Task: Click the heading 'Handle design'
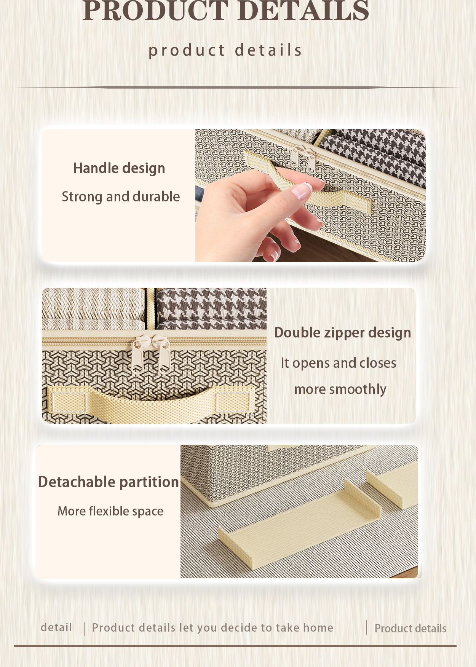tap(119, 168)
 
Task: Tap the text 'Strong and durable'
tap(121, 197)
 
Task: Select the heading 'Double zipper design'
tap(342, 333)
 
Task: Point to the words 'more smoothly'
tap(340, 389)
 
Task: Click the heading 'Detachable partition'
tap(109, 482)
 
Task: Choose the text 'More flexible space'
tap(110, 511)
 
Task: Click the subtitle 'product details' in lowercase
tap(225, 50)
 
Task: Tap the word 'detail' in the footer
tap(56, 627)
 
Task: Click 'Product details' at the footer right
tap(410, 629)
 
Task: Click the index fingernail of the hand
tap(302, 190)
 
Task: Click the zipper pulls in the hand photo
tap(303, 158)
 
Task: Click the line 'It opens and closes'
tap(338, 363)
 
